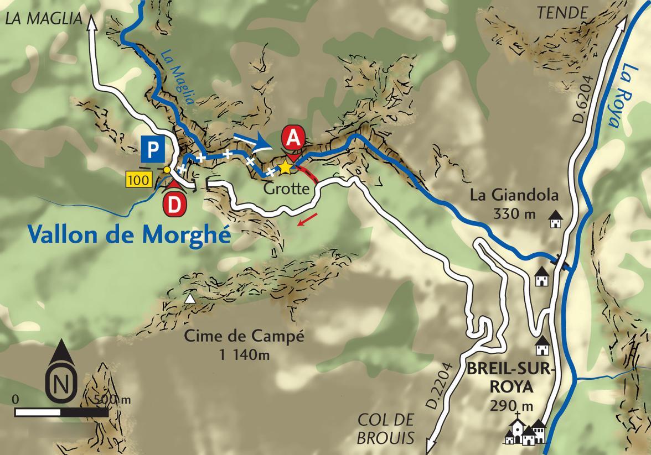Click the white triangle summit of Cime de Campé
[x=190, y=299]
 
